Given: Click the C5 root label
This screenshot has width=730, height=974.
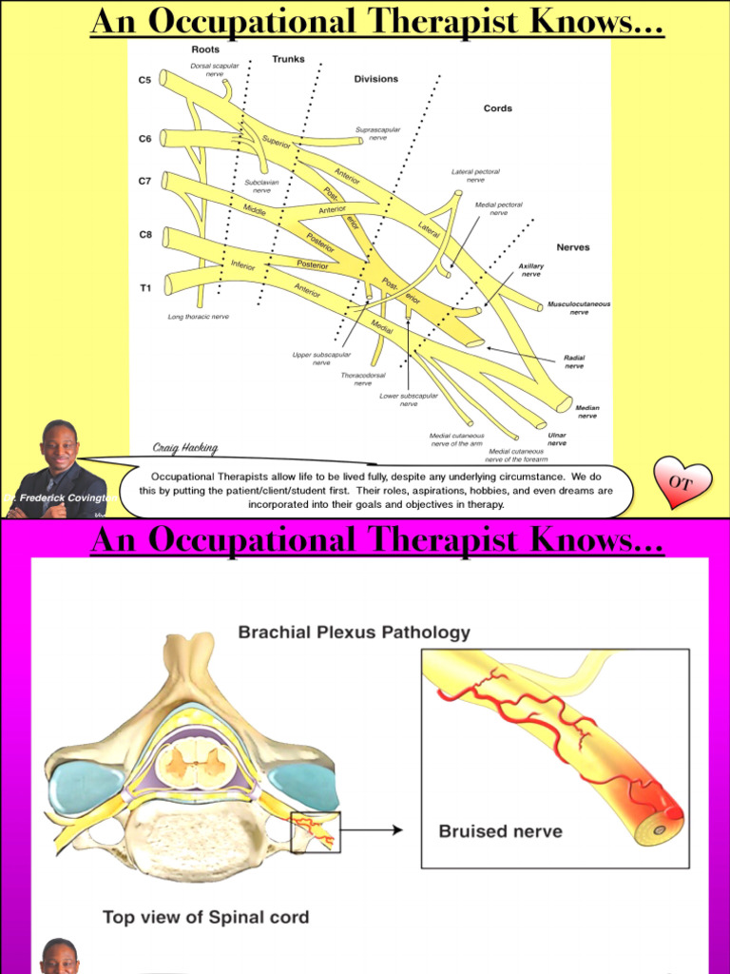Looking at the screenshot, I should pos(144,80).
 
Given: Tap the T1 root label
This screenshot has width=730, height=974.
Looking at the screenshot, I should pos(144,286).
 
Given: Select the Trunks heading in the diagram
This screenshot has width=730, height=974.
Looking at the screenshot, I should pos(288,59).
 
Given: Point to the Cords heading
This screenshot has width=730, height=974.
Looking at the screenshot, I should pos(497,108).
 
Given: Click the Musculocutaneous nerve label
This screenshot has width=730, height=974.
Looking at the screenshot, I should pos(579,308).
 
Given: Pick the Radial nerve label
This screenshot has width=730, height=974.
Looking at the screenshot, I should pos(574,361).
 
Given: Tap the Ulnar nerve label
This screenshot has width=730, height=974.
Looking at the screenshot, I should pos(557,438).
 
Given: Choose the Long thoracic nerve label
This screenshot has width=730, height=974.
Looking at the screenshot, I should pos(199,317).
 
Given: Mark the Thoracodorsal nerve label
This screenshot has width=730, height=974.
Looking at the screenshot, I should pos(363,379).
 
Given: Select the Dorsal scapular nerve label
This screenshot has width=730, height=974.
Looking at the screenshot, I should pos(215,69).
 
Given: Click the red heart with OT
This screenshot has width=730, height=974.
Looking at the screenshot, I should pos(682,482).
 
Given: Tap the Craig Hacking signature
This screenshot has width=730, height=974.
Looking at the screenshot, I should pos(185,448).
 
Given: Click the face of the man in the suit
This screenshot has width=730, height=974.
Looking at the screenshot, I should pos(60,447).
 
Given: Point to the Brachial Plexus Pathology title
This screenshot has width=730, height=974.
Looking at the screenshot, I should pos(354,632).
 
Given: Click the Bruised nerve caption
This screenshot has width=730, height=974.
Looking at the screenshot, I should pos(500,831).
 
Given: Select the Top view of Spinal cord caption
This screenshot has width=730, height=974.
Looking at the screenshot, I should pos(205,918).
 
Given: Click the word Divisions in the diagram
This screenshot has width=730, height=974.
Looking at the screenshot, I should pos(376,79).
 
